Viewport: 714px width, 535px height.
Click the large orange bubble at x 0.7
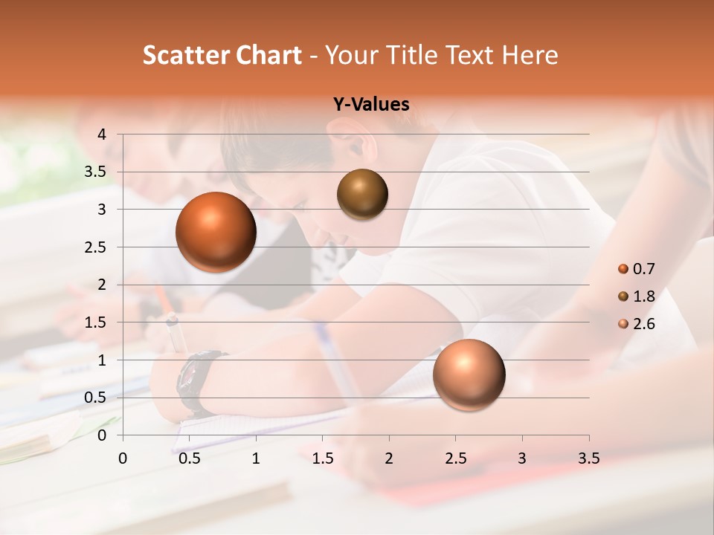(216, 232)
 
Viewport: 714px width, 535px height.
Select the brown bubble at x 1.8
(362, 194)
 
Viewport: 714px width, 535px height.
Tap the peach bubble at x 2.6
(469, 374)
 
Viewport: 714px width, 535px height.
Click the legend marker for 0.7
(623, 269)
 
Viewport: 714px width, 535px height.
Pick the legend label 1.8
(644, 296)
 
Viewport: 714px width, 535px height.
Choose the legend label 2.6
(644, 324)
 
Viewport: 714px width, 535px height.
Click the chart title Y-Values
(371, 105)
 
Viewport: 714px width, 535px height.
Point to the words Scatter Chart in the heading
(222, 54)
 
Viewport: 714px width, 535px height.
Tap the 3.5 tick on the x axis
(588, 458)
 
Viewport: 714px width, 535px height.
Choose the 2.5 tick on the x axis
(455, 458)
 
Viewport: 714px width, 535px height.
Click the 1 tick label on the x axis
(256, 458)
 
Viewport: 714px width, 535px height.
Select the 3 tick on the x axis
(522, 458)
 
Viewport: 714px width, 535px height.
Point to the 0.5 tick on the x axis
(189, 458)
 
